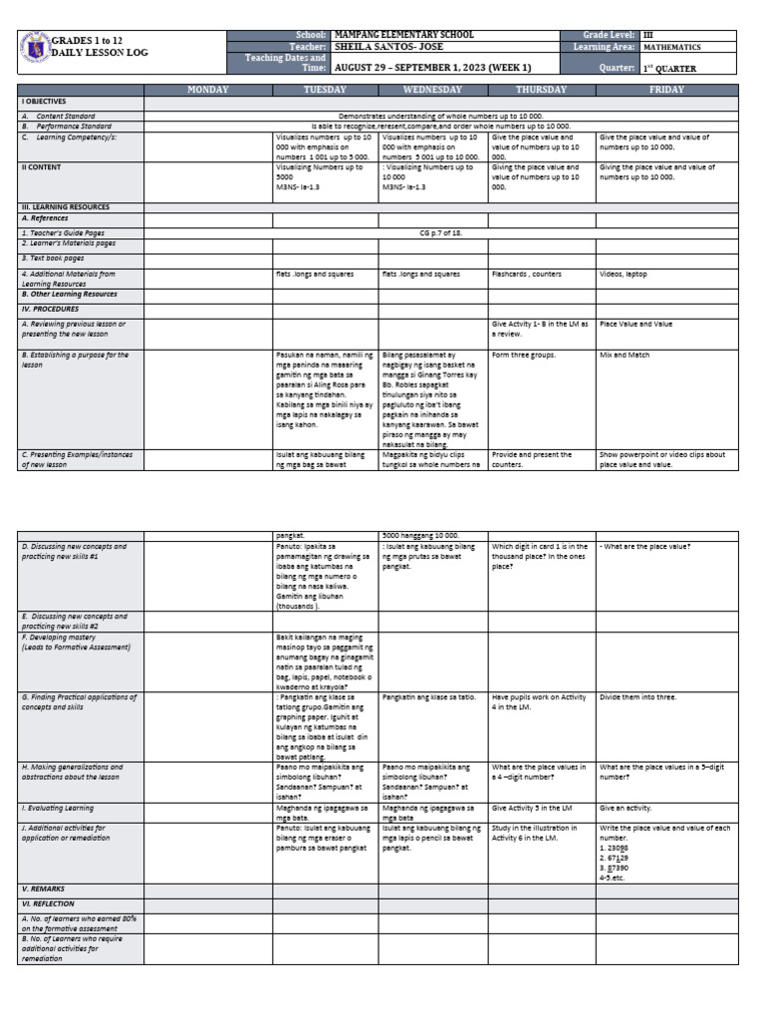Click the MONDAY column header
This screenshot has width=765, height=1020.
[208, 90]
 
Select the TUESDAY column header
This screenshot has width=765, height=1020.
[326, 90]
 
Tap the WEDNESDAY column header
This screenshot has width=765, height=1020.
[433, 90]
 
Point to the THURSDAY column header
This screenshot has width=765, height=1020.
[541, 90]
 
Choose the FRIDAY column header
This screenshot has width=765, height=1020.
[666, 90]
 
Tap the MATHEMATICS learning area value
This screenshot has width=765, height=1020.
[671, 47]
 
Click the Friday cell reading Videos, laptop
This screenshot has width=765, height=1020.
[624, 273]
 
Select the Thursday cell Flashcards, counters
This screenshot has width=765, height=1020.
[527, 273]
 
